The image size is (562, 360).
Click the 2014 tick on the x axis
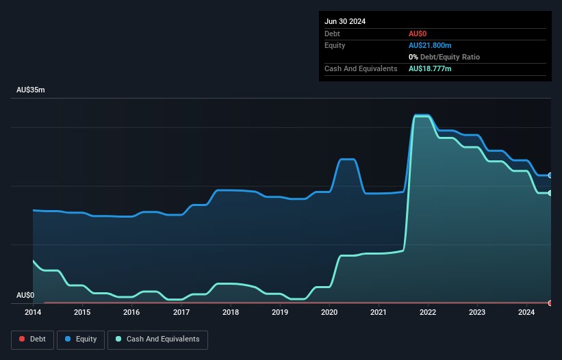pos(33,313)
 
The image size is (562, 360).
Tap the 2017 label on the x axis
pos(181,313)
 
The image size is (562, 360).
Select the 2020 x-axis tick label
pos(329,313)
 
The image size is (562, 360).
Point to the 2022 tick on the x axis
pos(428,313)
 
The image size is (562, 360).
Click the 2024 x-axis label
pos(526,313)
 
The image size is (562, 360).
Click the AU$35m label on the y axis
pos(30,90)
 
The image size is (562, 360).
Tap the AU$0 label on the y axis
pos(25,295)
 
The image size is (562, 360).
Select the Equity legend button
pos(81,339)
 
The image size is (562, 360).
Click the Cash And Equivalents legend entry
pos(157,339)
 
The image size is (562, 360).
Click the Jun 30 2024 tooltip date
pos(345,21)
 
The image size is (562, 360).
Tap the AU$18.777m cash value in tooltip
pos(430,69)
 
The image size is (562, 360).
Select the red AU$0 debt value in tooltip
pos(418,34)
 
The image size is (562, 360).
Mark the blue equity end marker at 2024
pos(550,175)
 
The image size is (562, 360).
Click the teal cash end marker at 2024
pos(550,193)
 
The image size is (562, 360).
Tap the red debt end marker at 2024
pos(550,303)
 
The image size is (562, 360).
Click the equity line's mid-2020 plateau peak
pos(347,159)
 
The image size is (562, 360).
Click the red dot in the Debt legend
pos(22,339)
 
